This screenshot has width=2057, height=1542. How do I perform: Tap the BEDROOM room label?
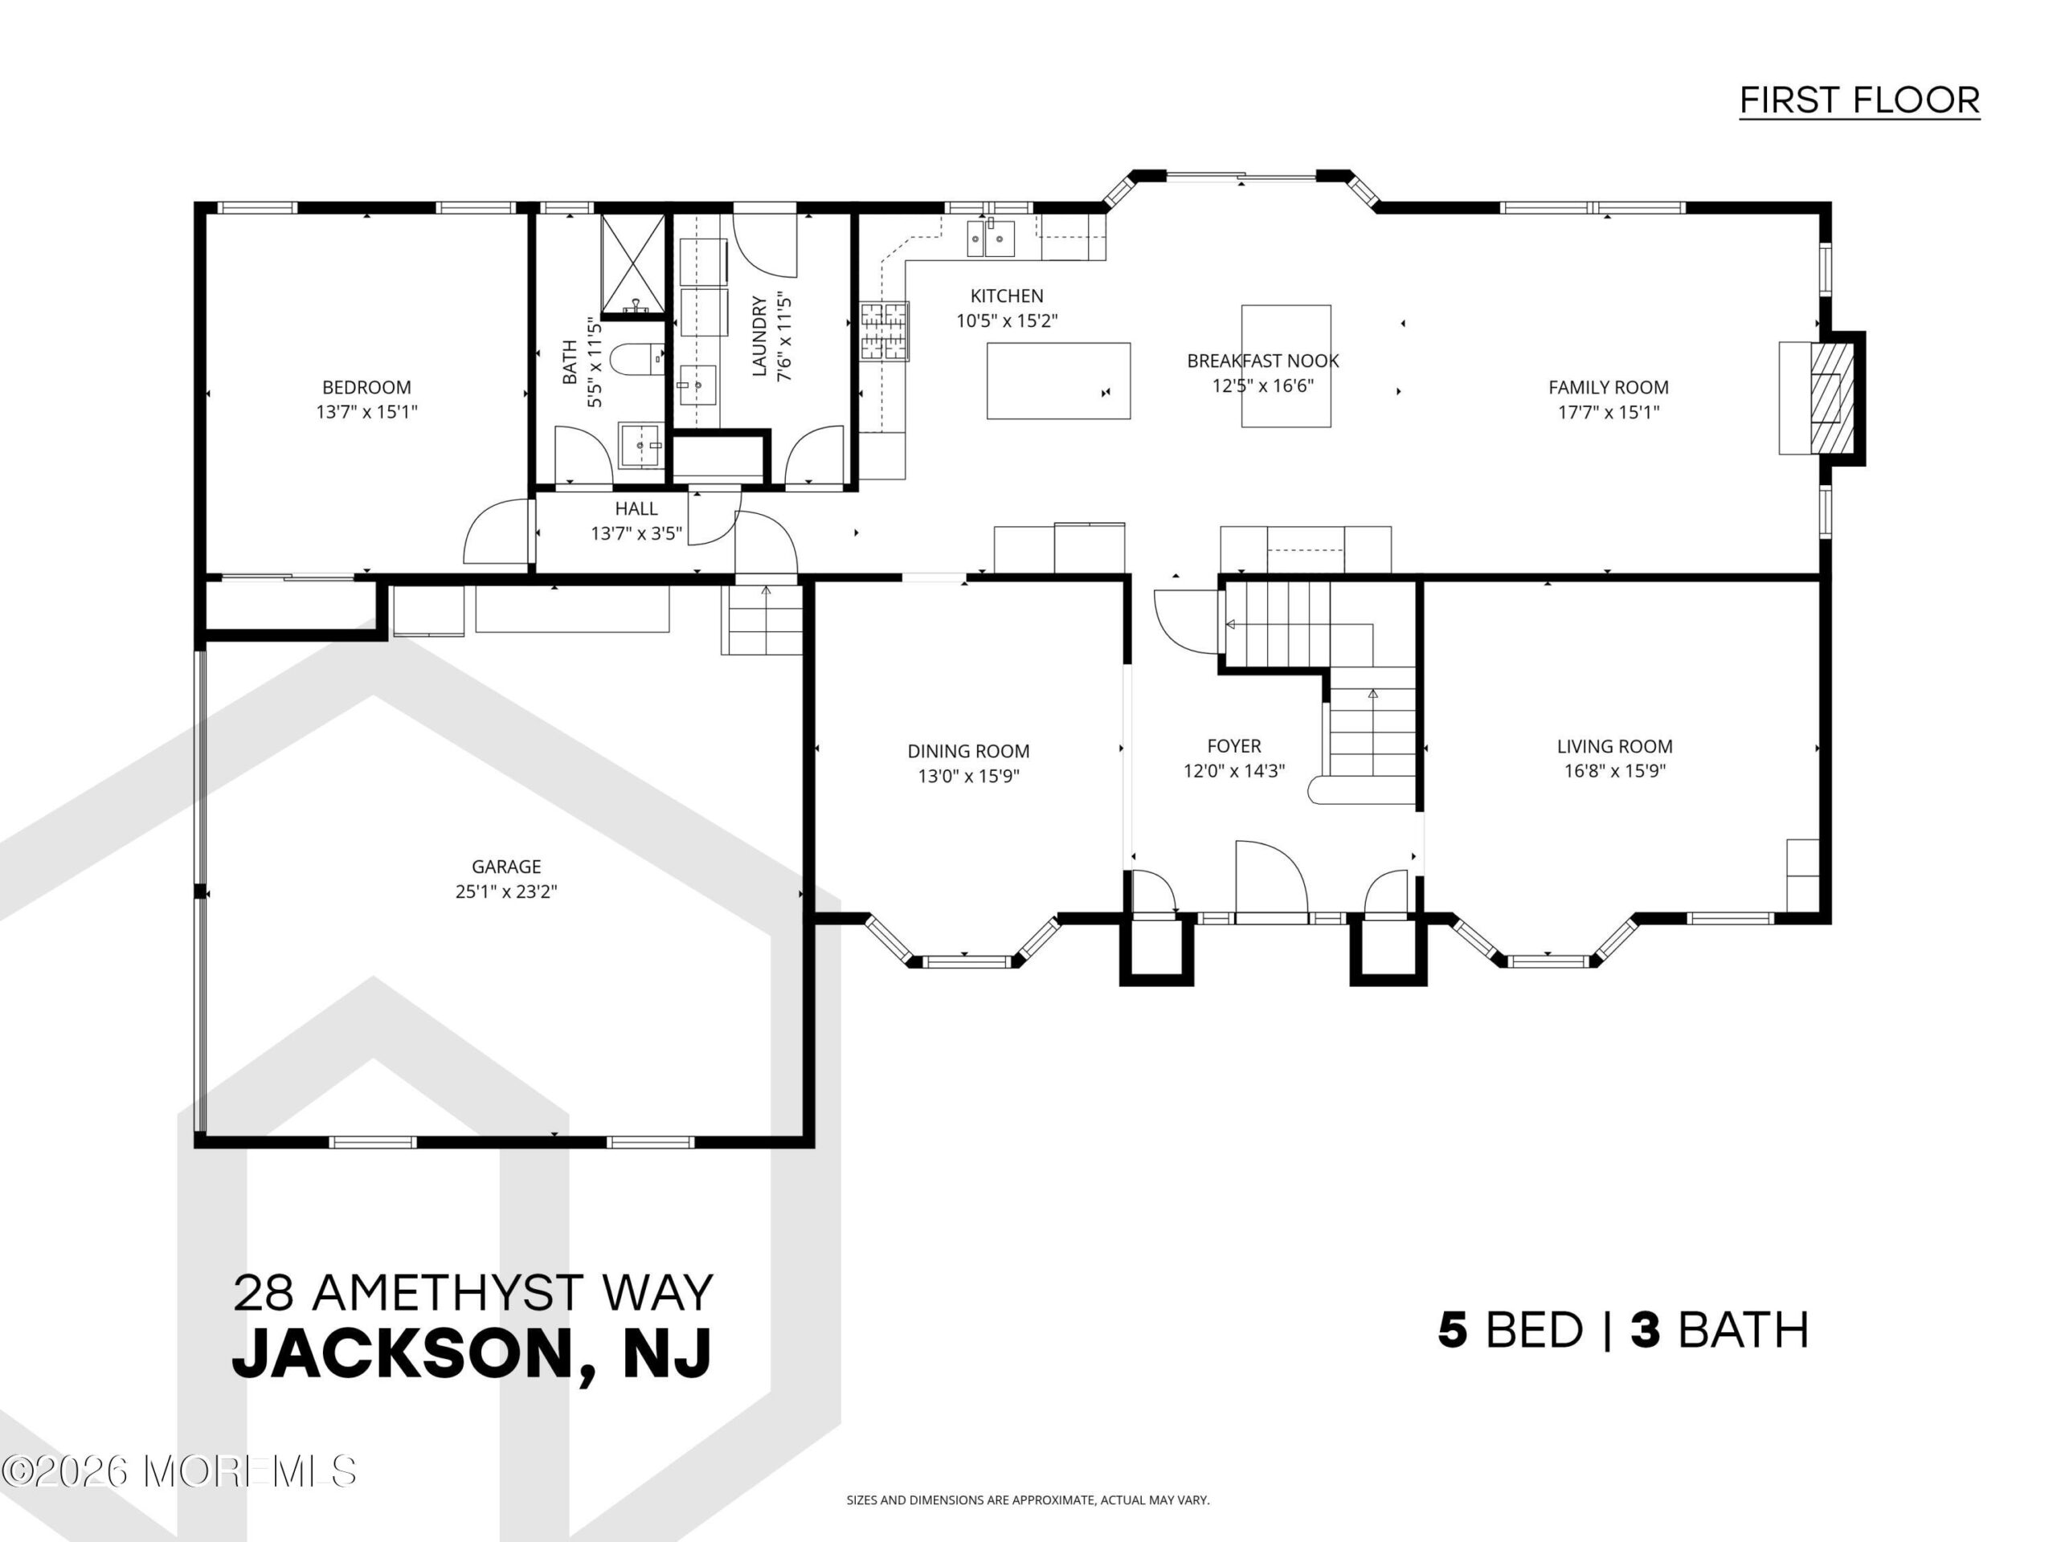pyautogui.click(x=366, y=388)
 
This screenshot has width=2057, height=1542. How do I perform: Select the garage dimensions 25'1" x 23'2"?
pyautogui.click(x=506, y=891)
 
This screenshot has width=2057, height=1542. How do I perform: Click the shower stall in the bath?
pyautogui.click(x=633, y=265)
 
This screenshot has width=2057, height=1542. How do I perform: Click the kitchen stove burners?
pyautogui.click(x=883, y=331)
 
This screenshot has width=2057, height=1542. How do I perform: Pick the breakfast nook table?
pyautogui.click(x=1286, y=366)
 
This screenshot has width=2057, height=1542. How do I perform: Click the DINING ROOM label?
pyautogui.click(x=968, y=751)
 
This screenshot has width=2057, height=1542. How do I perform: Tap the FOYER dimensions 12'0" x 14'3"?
pyautogui.click(x=1234, y=770)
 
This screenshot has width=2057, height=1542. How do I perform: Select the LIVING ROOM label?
pyautogui.click(x=1614, y=746)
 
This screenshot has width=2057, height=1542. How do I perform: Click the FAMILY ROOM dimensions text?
pyautogui.click(x=1608, y=412)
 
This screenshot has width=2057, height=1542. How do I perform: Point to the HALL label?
pyautogui.click(x=636, y=508)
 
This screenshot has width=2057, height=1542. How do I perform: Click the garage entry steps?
pyautogui.click(x=763, y=619)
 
